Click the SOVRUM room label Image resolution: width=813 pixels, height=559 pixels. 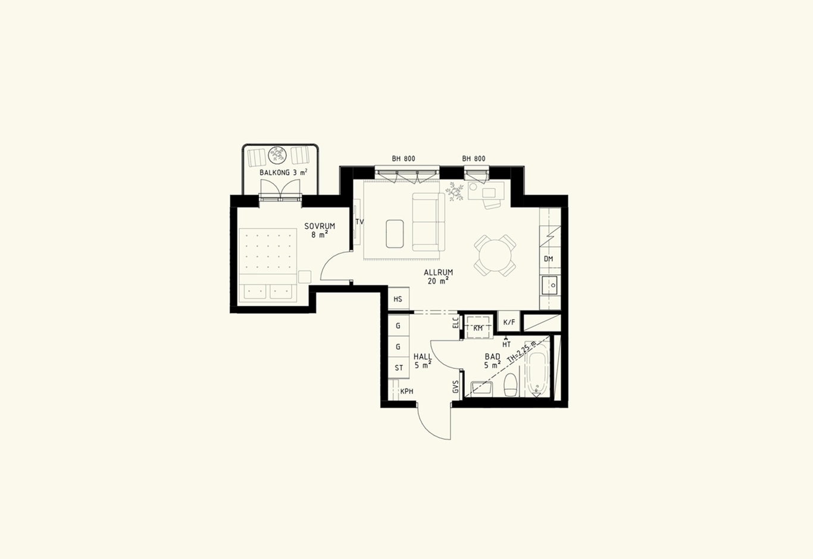point(320,226)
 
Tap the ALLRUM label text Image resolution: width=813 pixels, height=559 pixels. point(439,272)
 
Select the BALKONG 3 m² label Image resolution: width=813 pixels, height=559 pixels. point(284,172)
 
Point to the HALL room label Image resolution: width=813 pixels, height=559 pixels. point(423,356)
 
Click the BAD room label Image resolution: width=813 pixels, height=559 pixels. point(493,356)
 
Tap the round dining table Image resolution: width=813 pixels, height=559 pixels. point(495,255)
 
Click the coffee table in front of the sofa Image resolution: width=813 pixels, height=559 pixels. point(395,234)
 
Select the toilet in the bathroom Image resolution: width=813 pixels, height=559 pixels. point(511,384)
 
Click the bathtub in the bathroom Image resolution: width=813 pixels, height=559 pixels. point(538,369)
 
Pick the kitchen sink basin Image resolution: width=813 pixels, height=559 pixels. point(549,285)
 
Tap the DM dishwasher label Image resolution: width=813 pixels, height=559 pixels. point(548,259)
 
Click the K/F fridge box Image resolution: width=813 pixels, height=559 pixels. point(509,322)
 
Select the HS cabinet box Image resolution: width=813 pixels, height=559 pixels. point(399,299)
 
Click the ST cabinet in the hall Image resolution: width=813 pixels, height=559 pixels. point(399,368)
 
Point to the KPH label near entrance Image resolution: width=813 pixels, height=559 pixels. point(406,392)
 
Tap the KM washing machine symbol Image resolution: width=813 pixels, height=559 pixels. point(479,328)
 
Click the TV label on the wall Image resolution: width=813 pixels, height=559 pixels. point(359,222)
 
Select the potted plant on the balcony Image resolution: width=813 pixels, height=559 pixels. point(278,155)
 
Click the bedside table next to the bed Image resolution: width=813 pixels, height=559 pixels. point(305,277)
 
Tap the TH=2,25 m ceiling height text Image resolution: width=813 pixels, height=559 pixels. point(521,352)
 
